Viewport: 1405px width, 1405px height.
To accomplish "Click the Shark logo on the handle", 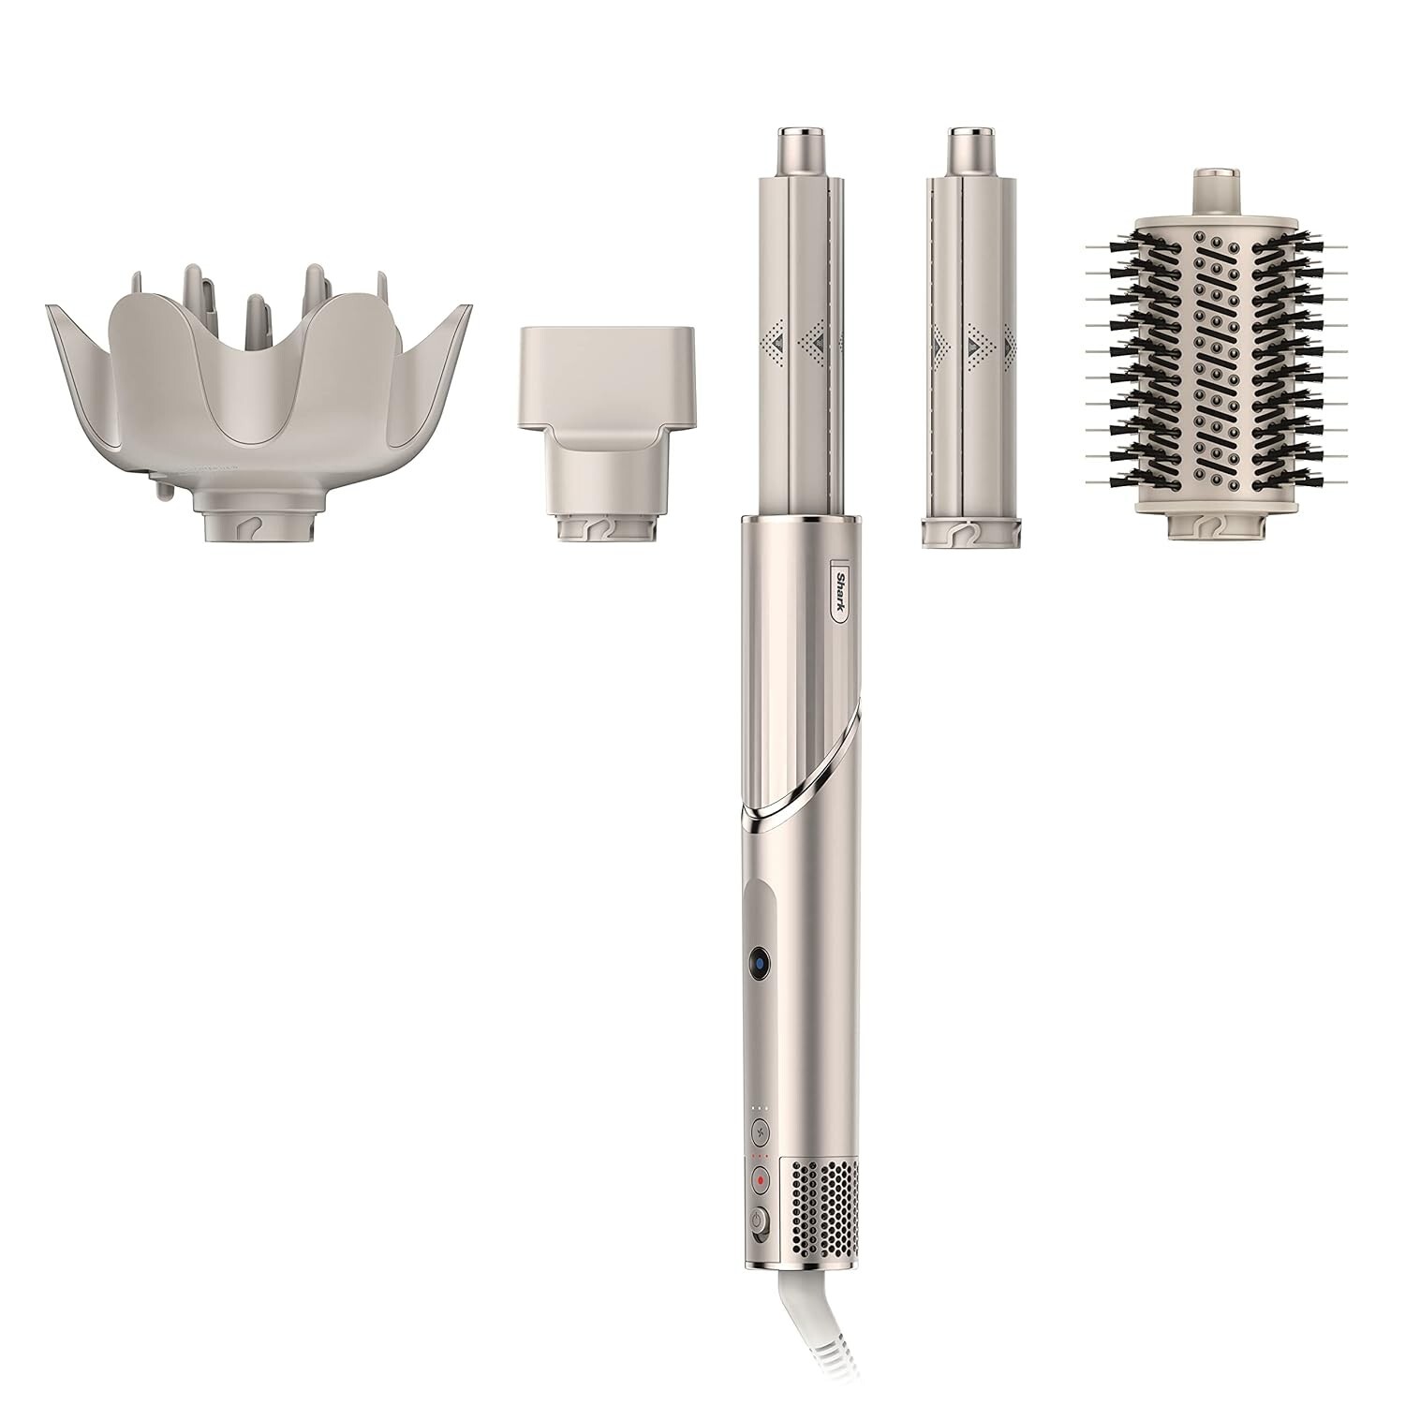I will pos(840,590).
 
